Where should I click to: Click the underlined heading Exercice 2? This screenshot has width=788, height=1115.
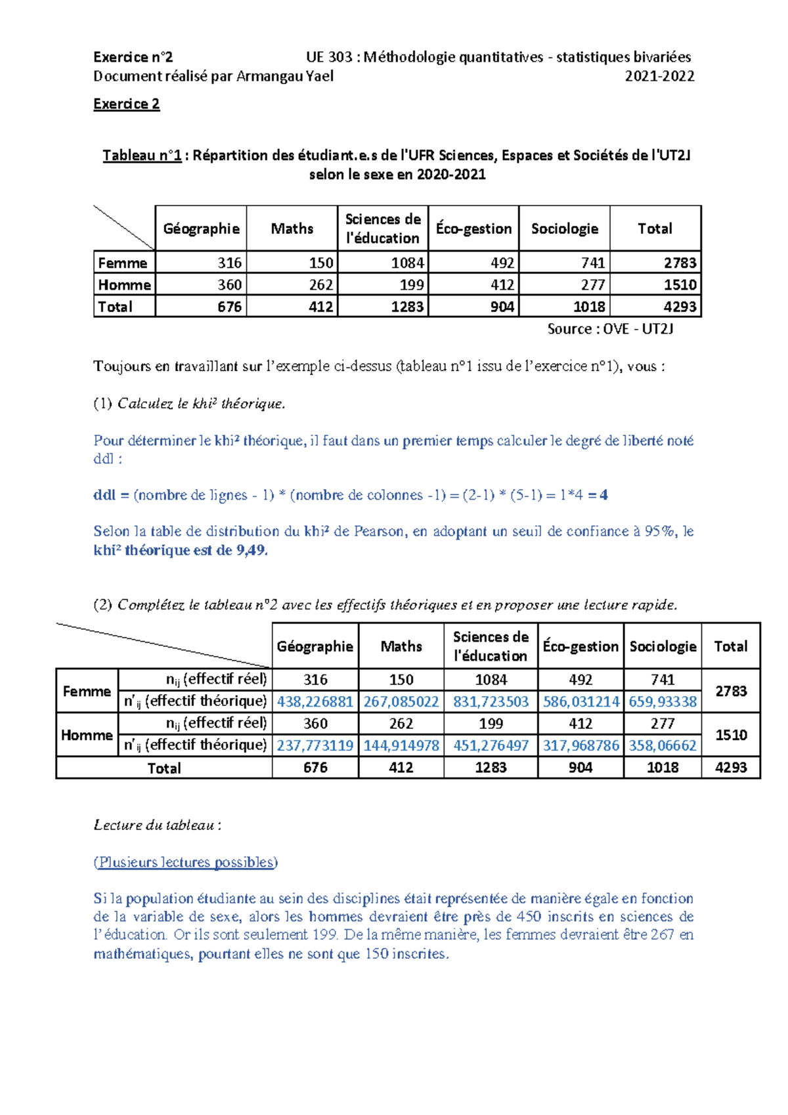coord(126,104)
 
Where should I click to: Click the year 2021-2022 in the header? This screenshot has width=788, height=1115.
coord(659,76)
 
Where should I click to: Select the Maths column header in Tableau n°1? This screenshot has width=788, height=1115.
coord(292,229)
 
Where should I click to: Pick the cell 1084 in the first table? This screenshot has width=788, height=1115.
coord(407,263)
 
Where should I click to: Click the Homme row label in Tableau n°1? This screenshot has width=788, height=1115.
coord(124,284)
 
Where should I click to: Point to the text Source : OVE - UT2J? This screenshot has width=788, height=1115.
coord(610,329)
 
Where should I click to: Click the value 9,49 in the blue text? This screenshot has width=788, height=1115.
coord(251,550)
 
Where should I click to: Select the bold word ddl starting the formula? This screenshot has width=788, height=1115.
coord(104,495)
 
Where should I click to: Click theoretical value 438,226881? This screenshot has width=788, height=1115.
coord(315,701)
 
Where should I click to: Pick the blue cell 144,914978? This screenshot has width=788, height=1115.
coord(401,745)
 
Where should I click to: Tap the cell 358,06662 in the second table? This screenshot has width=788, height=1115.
coord(663,745)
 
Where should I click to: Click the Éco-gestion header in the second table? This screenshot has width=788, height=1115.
coord(580,646)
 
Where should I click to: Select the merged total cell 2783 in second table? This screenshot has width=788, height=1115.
coord(731,691)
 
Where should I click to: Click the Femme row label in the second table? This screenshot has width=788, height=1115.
coord(87,691)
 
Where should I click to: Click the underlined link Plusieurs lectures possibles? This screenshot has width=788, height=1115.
coord(186,862)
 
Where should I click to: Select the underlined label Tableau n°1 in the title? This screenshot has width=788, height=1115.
coord(142,156)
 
